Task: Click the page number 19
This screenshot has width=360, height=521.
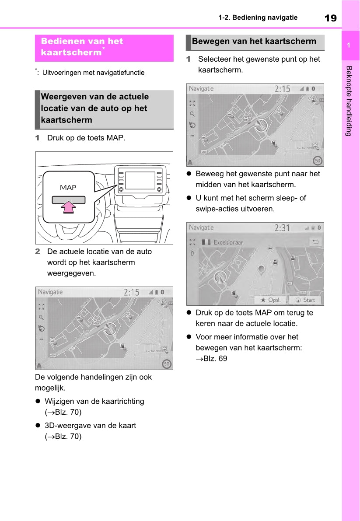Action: [x=331, y=18]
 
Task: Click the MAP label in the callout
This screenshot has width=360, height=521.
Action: [x=68, y=188]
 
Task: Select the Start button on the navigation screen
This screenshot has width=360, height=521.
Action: [x=305, y=300]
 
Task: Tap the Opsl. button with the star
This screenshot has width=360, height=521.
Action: [x=271, y=300]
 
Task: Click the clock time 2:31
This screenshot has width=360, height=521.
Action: [x=282, y=228]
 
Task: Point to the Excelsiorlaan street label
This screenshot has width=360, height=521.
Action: [x=228, y=242]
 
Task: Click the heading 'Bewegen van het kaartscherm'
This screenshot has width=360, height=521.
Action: [x=254, y=42]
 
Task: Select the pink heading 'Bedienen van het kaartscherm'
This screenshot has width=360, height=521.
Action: [x=82, y=47]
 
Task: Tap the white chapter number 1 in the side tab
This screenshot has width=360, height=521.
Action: [x=349, y=45]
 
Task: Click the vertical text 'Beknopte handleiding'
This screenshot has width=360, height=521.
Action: [x=349, y=101]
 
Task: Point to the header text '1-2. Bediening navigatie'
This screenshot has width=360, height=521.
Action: [x=258, y=18]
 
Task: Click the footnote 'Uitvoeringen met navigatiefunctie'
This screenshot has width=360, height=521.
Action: [x=93, y=73]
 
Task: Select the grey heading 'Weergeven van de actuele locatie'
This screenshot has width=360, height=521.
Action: [x=95, y=108]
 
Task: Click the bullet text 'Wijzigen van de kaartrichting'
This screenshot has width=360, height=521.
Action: [x=94, y=401]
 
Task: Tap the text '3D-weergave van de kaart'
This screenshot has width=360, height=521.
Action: [x=90, y=426]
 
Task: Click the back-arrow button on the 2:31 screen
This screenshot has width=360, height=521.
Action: [x=315, y=241]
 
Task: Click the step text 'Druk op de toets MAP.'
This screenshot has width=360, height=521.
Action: [x=86, y=138]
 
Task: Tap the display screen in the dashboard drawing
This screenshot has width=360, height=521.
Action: [x=140, y=180]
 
